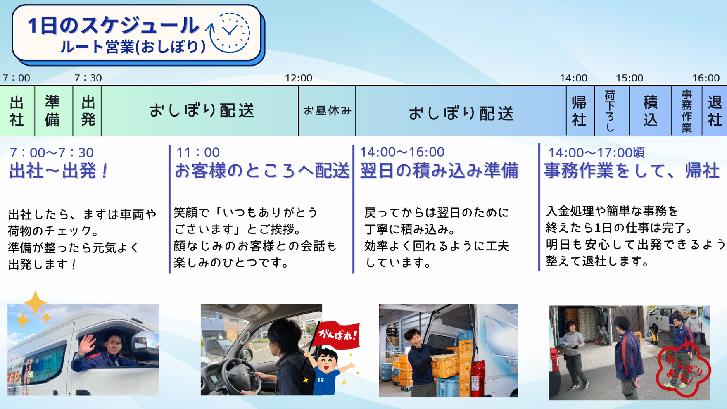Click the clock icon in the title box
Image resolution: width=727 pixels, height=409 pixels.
click(x=230, y=33)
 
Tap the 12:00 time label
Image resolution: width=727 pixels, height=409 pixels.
click(x=298, y=78)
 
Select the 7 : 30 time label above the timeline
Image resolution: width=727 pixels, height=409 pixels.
click(x=88, y=78)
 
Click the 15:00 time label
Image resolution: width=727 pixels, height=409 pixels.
click(x=630, y=78)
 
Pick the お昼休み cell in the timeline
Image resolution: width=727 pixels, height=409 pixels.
click(x=327, y=111)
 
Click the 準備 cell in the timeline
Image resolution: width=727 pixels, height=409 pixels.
click(x=54, y=111)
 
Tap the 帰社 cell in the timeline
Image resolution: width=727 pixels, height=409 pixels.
click(x=580, y=111)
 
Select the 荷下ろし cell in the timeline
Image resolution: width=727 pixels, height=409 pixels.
click(x=612, y=111)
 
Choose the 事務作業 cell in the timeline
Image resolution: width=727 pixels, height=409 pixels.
click(x=687, y=111)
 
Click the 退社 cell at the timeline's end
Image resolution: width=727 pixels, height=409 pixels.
click(x=715, y=111)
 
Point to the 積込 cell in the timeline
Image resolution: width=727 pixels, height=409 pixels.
click(x=651, y=111)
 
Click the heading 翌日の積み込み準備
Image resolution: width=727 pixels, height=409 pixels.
click(x=439, y=171)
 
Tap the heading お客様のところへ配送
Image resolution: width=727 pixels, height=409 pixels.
click(x=262, y=171)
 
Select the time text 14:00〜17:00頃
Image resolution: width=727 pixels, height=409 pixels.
click(x=596, y=152)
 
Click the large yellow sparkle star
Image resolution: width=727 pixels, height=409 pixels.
click(x=35, y=302)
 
